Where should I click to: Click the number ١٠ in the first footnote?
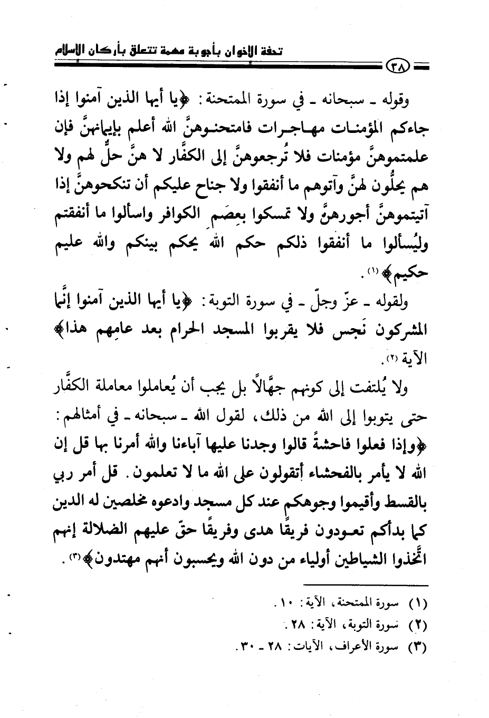point(288,601)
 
